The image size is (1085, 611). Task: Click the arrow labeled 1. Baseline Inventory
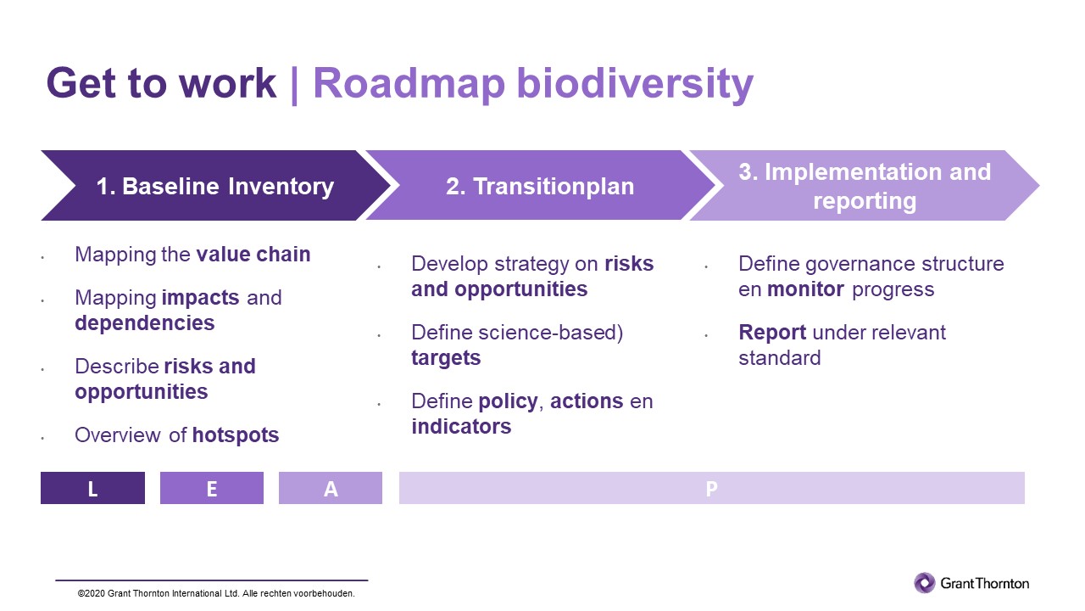tap(214, 186)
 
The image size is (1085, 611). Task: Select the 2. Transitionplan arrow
tap(540, 186)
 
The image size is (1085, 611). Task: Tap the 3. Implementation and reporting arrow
tap(865, 186)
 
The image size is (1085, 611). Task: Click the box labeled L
tap(92, 488)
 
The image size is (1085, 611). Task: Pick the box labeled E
tap(211, 488)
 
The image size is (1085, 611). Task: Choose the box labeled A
tap(331, 488)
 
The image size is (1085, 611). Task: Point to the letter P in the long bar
tap(711, 488)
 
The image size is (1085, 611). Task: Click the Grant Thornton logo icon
tap(924, 583)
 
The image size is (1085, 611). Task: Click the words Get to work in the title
tap(161, 84)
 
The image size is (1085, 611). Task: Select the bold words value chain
tap(253, 255)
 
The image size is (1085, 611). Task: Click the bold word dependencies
tap(144, 323)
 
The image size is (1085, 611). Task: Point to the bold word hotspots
tap(236, 435)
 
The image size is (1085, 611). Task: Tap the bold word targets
tap(446, 358)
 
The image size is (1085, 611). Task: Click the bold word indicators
tap(461, 427)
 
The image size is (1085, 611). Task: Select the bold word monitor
tap(805, 289)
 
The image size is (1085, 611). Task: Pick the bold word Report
tap(771, 333)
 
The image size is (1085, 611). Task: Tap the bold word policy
tap(507, 401)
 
